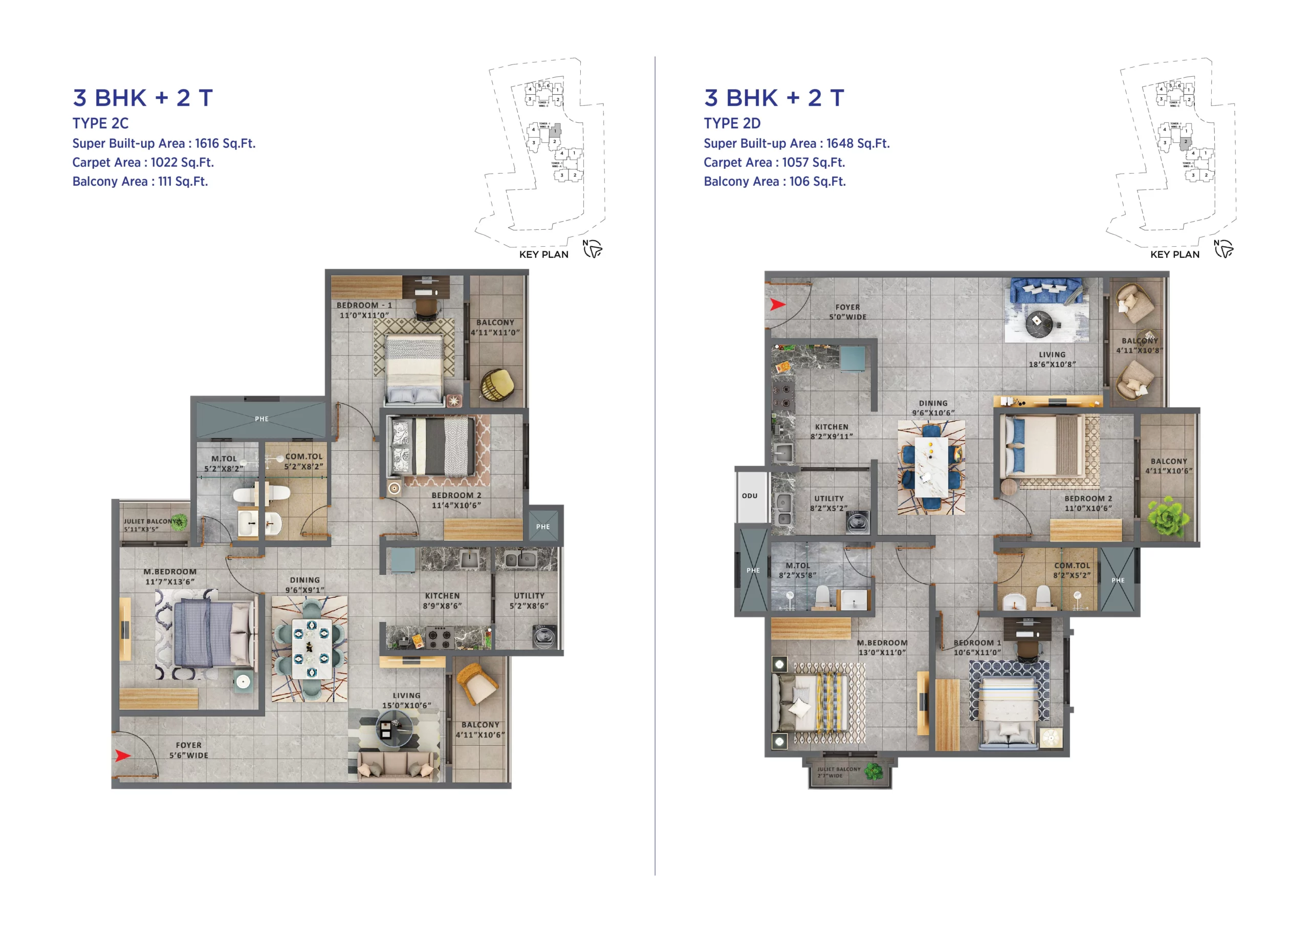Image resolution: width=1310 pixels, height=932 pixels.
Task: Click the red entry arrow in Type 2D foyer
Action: [777, 304]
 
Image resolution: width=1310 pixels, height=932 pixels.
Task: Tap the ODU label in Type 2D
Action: [749, 495]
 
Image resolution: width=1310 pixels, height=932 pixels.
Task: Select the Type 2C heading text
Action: [100, 123]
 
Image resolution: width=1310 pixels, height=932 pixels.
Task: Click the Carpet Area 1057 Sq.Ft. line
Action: [774, 162]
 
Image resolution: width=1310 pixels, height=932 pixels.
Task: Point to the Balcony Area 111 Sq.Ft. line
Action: [140, 181]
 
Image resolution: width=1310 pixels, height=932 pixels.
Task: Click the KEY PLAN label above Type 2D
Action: [1174, 254]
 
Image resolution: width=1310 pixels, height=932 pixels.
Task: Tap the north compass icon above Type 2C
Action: [593, 249]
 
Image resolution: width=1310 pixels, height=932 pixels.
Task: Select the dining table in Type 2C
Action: [311, 648]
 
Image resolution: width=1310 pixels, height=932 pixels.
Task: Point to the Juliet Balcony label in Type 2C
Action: [150, 525]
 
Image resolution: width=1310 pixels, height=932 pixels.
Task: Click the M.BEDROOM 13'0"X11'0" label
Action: [882, 647]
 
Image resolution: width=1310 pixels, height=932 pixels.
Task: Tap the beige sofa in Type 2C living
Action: [396, 766]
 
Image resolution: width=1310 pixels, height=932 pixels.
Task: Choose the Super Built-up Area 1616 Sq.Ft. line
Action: [164, 143]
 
